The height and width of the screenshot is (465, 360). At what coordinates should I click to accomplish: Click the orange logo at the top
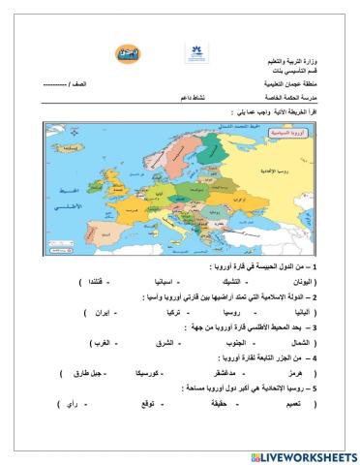tap(126, 54)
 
